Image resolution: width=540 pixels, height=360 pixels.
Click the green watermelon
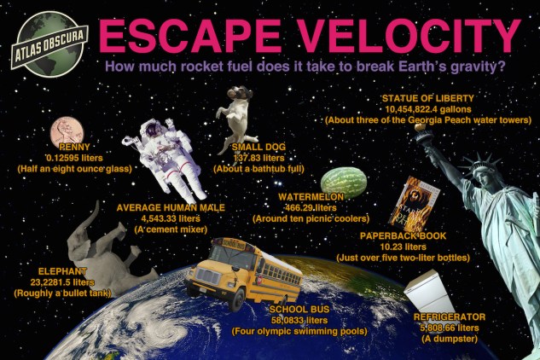click(344, 182)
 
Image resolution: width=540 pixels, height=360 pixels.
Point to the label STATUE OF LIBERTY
click(428, 99)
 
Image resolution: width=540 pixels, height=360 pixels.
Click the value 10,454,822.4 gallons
click(428, 109)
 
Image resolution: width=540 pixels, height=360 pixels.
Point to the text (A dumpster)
click(449, 339)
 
